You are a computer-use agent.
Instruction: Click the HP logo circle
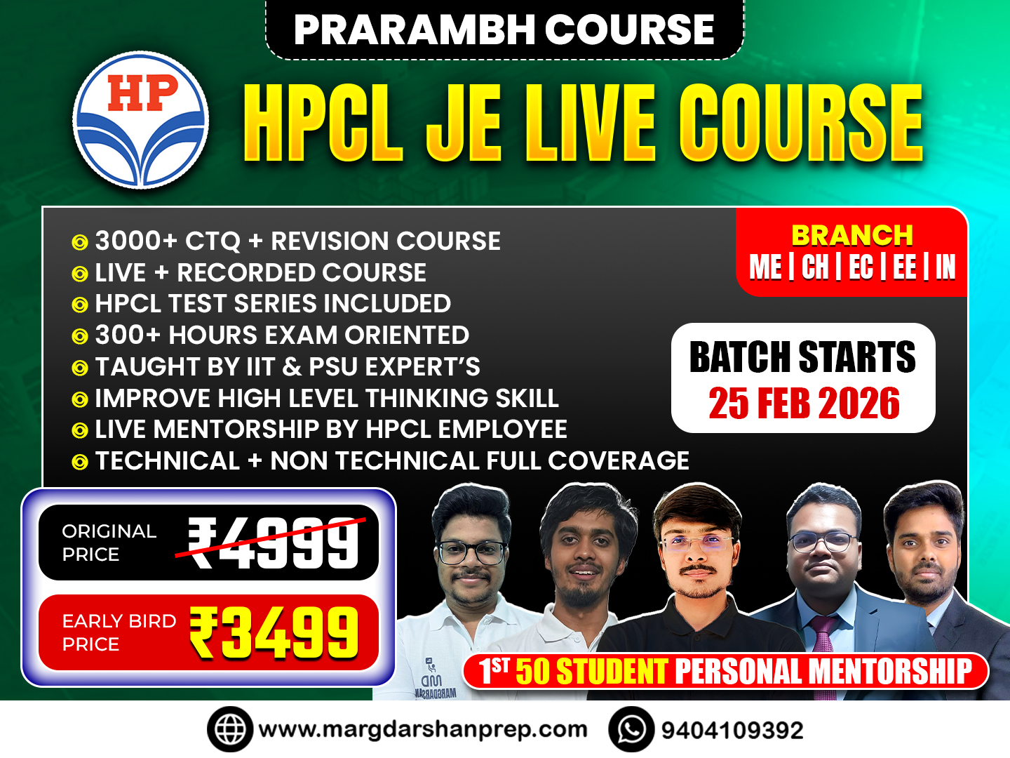tap(141, 120)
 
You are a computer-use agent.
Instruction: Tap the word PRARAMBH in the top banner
tap(414, 29)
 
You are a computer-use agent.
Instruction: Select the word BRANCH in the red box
tap(852, 235)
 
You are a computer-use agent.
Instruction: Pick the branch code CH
tap(814, 267)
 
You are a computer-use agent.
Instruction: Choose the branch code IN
tap(945, 267)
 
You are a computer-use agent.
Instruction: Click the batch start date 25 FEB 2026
tap(804, 404)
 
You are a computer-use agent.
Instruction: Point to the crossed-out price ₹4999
tap(274, 543)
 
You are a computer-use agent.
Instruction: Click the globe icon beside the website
tap(229, 730)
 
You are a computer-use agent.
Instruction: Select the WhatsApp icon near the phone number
tap(631, 730)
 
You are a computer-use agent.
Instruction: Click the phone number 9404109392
tap(732, 731)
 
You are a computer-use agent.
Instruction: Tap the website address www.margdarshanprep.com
tap(422, 730)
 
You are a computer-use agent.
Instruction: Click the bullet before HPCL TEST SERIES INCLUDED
tap(80, 305)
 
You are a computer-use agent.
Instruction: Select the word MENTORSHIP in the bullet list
tap(237, 430)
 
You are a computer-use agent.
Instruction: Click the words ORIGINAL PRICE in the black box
tap(109, 543)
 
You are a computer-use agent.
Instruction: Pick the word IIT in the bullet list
tap(260, 367)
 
